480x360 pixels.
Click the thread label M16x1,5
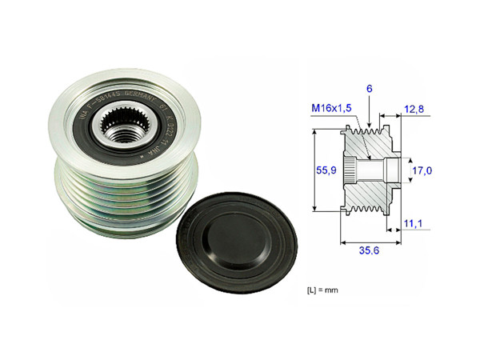331,109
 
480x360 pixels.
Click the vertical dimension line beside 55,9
314,170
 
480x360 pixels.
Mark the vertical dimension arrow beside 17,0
403,170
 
